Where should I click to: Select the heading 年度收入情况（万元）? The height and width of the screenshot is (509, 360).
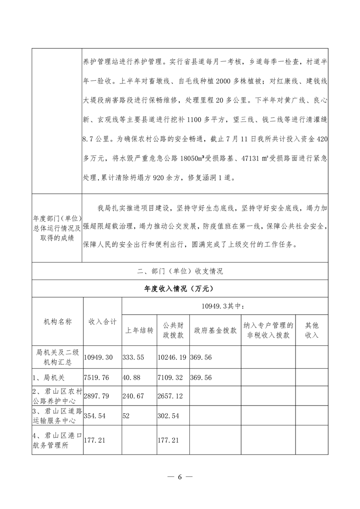click(x=179, y=288)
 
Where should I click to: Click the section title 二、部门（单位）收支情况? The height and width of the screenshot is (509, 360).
click(x=180, y=271)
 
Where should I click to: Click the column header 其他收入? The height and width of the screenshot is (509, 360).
click(x=311, y=330)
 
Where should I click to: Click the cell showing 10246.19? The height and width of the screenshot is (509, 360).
click(x=173, y=357)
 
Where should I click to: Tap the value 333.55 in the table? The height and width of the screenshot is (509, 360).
click(x=133, y=357)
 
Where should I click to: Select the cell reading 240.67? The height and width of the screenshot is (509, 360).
click(x=133, y=396)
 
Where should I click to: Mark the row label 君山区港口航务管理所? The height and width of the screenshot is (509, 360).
click(x=57, y=439)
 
